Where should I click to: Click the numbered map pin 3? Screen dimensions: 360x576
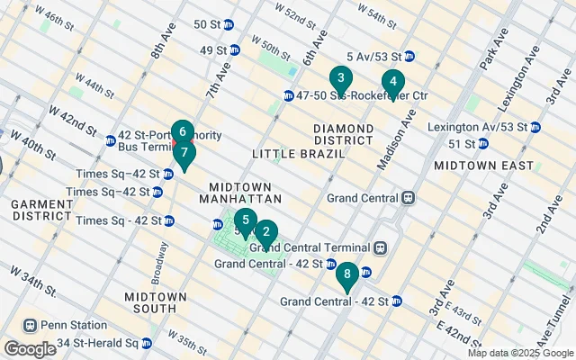(x=339, y=78)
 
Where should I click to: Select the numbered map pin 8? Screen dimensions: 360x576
(x=347, y=273)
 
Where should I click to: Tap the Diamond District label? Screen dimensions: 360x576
(x=343, y=133)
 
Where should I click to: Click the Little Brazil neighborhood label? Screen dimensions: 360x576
(x=286, y=154)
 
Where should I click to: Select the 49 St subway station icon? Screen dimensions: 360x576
(x=234, y=49)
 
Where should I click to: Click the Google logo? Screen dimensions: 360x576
(x=30, y=348)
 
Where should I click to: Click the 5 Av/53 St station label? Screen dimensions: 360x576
(x=373, y=56)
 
